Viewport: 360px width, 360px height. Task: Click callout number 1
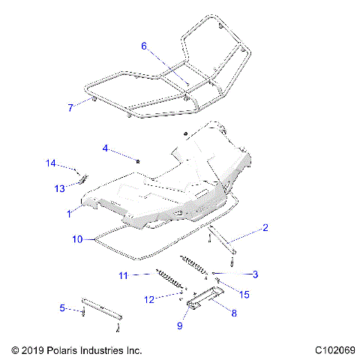(x=69, y=214)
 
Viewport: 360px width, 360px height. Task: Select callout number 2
(x=265, y=226)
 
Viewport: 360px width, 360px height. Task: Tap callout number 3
(x=255, y=274)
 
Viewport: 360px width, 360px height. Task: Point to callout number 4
(x=106, y=148)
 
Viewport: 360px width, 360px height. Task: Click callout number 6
(x=144, y=46)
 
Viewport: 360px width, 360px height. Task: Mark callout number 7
(x=70, y=108)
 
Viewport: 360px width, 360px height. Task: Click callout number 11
(x=124, y=275)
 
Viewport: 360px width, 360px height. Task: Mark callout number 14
(x=50, y=163)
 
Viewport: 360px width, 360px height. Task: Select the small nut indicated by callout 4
(x=139, y=160)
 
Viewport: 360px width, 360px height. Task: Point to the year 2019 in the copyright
(x=34, y=349)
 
